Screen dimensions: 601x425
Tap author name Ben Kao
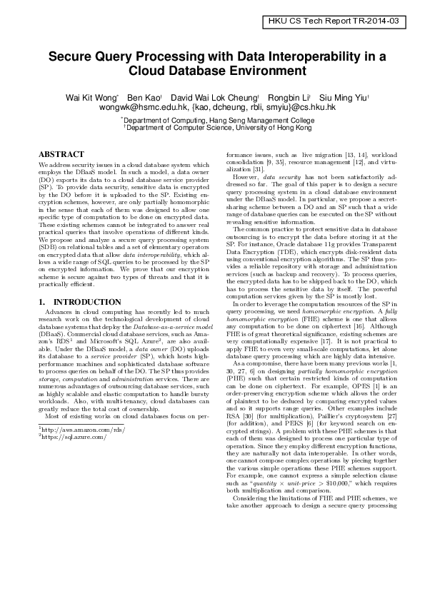tap(143, 96)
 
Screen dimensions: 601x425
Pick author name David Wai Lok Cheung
tap(214, 96)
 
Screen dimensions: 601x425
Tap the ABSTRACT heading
tap(61, 154)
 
